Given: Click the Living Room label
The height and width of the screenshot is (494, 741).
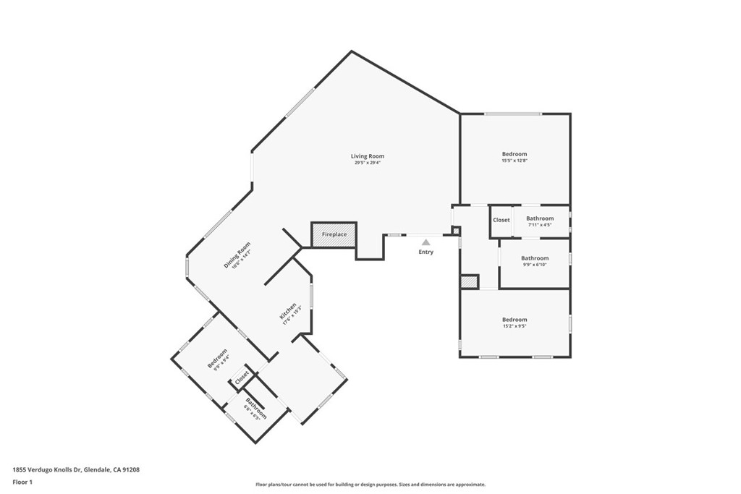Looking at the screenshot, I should coord(367,156).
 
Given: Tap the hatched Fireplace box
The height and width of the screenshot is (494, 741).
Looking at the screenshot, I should coord(334,234).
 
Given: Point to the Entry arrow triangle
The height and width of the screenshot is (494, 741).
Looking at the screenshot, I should coord(426,242).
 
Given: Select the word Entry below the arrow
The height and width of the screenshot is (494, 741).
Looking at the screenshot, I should coord(426,252).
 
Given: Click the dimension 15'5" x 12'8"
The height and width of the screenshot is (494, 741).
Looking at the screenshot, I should coord(515,161).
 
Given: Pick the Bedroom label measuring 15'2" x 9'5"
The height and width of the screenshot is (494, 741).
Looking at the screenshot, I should coord(515,320).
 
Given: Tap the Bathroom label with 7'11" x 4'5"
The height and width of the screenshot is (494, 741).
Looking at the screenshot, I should coord(540,218).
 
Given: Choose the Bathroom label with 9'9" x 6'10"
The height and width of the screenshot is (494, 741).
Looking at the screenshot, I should coord(535,258).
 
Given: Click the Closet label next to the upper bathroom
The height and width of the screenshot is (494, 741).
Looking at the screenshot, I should coord(501,220).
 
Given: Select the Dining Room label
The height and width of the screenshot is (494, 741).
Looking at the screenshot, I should coord(237,255).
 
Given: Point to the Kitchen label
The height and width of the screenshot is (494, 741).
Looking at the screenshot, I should coord(287,312).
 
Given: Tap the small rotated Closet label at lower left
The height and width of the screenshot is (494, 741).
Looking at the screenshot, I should coord(241,377).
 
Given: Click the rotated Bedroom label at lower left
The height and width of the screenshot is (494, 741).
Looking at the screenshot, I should coord(217,358).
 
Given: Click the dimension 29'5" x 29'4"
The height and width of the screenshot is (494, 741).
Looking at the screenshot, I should coord(367,163).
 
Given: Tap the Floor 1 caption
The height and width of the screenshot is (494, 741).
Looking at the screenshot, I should coord(24,482).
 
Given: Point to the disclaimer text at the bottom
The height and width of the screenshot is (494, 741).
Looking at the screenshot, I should coord(370,485).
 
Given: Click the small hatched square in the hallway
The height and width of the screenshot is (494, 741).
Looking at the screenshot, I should coord(469,282).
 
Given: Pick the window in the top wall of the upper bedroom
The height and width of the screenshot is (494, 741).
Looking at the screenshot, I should coord(512,114).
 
